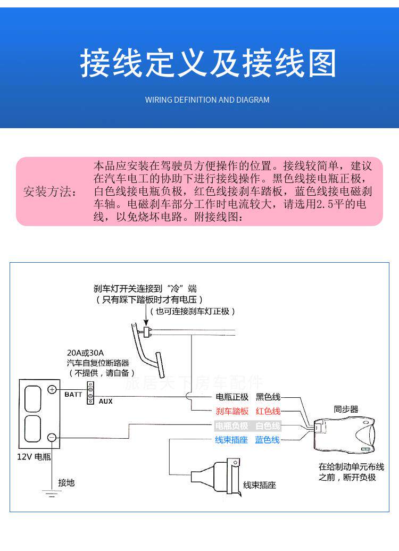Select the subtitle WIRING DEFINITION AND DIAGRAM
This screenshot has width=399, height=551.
click(207, 100)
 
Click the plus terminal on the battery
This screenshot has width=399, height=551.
click(52, 390)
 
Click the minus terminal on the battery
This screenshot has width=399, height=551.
click(52, 437)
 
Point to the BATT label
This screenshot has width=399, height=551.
click(73, 395)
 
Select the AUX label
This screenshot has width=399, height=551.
click(105, 402)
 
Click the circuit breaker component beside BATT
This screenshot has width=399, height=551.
click(90, 393)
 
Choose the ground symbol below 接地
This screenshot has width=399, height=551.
click(52, 495)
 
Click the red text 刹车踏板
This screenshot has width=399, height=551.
click(232, 411)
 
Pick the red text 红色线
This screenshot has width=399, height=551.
click(268, 411)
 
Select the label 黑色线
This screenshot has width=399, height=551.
click(268, 397)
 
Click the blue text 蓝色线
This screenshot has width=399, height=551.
click(267, 440)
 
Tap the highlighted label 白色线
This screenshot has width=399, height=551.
click(267, 425)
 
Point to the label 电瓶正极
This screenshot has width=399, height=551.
click(232, 397)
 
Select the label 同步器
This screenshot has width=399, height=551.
click(346, 410)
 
